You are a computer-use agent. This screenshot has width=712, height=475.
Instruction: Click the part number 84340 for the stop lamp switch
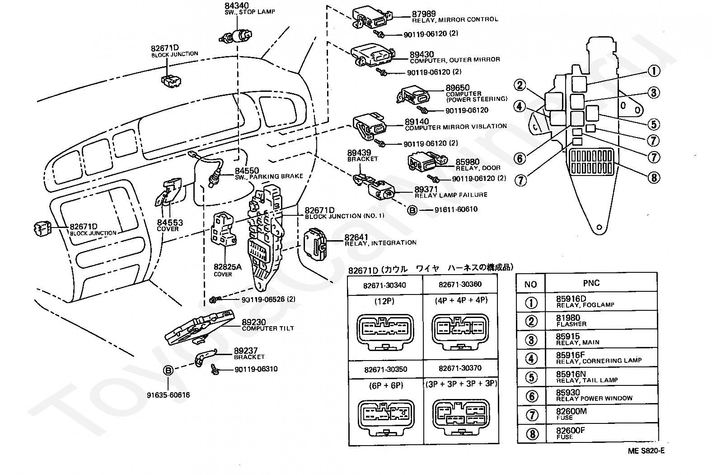(x=236, y=5)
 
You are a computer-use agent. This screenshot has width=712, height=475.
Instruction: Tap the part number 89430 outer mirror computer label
(x=422, y=54)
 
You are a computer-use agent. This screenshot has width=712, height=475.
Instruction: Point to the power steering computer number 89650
(x=458, y=88)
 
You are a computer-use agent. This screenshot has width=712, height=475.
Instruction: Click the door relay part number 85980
(x=467, y=161)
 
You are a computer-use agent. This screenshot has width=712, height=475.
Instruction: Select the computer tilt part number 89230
(x=254, y=322)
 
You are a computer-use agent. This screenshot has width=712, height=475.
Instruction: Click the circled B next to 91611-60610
(x=412, y=210)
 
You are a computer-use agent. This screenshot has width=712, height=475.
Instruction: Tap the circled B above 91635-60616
(x=168, y=370)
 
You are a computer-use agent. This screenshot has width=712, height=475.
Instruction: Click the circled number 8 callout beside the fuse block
(x=653, y=177)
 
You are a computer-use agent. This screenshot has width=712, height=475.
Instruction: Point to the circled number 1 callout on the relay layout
(x=653, y=71)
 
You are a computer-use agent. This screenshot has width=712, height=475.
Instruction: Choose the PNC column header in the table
(x=591, y=283)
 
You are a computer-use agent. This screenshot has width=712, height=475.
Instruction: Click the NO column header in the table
(x=530, y=284)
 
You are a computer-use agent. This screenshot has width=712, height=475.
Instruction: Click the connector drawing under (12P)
(x=384, y=330)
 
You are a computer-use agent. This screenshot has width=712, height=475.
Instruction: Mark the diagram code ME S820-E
(x=646, y=451)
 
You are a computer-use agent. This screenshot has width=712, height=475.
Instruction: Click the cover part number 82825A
(x=228, y=267)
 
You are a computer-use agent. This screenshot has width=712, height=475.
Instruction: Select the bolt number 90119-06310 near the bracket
(x=256, y=369)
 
